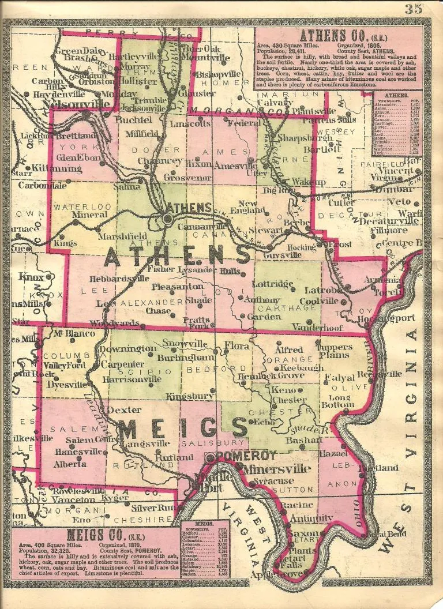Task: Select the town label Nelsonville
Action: pyautogui.click(x=72, y=104)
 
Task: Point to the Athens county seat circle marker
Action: pyautogui.click(x=167, y=219)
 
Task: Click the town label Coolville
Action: pyautogui.click(x=326, y=300)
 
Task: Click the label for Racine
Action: pyautogui.click(x=296, y=505)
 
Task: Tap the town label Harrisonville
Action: pyautogui.click(x=132, y=379)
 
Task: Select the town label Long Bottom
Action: pyautogui.click(x=341, y=401)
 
